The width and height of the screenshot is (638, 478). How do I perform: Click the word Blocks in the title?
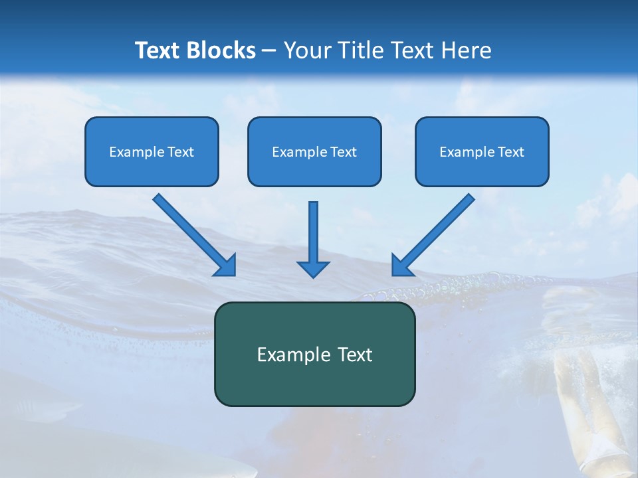click(222, 50)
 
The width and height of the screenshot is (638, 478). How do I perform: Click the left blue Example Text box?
click(152, 151)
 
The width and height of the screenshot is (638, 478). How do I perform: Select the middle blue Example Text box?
click(314, 151)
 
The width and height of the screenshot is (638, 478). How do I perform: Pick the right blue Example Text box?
click(482, 151)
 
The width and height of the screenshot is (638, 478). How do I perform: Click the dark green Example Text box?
click(314, 354)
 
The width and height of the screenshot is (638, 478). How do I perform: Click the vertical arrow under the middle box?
click(313, 232)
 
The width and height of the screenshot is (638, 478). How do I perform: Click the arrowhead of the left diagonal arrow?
click(226, 266)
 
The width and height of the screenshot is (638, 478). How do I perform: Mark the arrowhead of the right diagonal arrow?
click(401, 266)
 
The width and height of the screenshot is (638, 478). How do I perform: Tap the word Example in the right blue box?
click(463, 152)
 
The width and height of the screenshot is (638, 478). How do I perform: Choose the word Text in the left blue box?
click(180, 152)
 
